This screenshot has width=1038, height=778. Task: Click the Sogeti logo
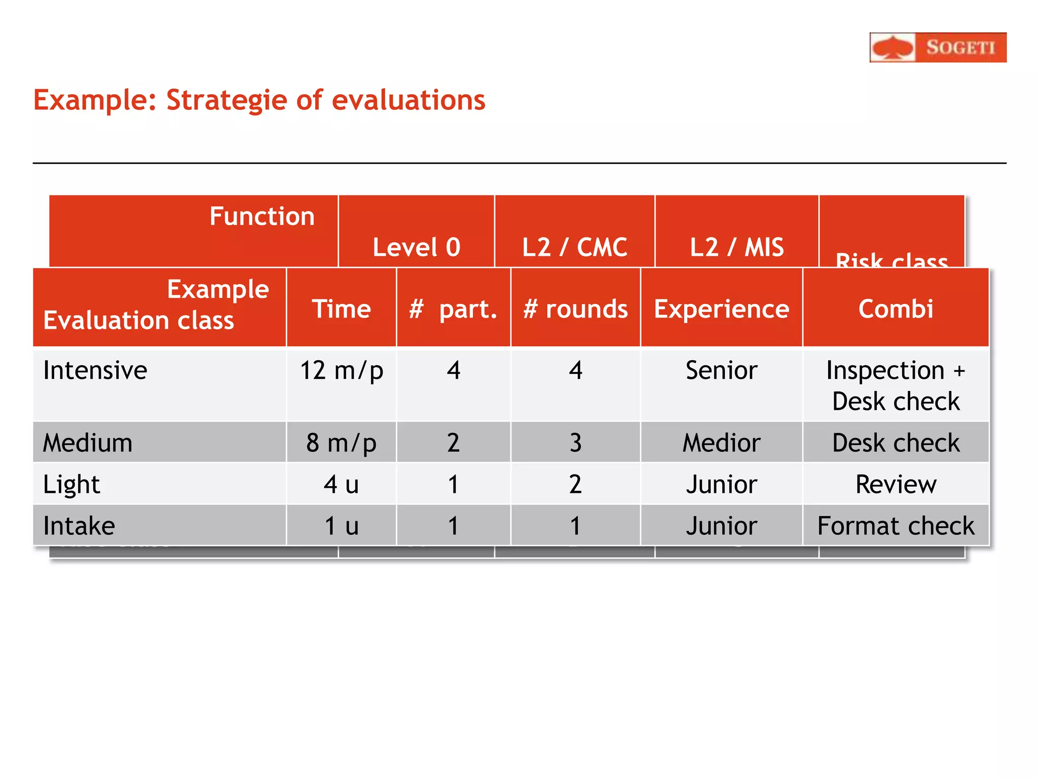pos(938,48)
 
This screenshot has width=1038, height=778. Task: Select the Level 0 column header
pos(416,247)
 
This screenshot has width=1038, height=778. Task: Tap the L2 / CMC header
pos(574,247)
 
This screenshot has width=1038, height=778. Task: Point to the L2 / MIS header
pos(736,247)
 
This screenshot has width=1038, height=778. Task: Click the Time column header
pos(341,309)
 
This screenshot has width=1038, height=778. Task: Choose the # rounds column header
pos(575,309)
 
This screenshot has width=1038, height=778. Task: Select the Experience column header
pos(721,309)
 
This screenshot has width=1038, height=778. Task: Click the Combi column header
pos(896,309)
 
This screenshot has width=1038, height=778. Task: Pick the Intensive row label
pos(95,370)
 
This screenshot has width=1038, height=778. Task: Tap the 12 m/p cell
pos(341,370)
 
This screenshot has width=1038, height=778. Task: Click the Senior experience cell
pos(721,370)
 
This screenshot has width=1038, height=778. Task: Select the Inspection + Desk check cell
pos(896,385)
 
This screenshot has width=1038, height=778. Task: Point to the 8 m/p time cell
pos(341,443)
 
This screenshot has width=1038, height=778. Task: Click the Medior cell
pos(721,443)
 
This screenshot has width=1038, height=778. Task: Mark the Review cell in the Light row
pos(896,484)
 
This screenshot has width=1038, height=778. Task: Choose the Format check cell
pos(896,526)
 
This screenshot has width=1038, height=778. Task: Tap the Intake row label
pos(79,526)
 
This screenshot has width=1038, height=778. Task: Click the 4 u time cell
pos(341,484)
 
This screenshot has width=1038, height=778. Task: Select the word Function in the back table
pos(262,216)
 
